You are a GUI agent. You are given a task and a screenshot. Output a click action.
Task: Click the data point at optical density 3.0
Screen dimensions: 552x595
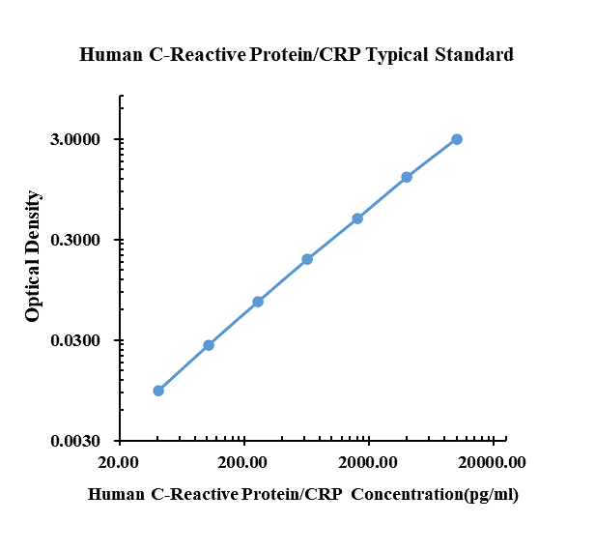point(457,139)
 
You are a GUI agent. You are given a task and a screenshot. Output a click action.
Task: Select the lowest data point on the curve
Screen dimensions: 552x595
point(158,391)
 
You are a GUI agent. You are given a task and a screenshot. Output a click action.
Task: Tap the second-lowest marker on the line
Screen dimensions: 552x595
point(209,345)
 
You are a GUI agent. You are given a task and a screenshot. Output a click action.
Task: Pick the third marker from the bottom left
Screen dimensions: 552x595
point(258,302)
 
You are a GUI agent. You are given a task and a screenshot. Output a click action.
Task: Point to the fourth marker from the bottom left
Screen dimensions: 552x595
point(307,259)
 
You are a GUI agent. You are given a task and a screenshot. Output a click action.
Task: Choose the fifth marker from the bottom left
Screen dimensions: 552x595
point(357,218)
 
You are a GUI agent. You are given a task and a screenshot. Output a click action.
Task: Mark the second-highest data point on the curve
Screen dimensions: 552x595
point(407,177)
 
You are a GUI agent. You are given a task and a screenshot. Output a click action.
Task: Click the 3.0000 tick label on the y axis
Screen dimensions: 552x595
point(76,140)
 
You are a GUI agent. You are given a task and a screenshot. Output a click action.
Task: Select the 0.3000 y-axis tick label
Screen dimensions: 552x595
point(76,241)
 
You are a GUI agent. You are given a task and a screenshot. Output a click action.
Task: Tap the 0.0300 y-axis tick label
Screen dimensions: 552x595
point(76,341)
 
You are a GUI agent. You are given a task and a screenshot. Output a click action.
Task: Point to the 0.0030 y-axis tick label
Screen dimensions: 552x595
point(76,442)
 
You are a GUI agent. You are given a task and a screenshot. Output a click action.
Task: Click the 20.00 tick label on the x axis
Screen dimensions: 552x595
point(120,462)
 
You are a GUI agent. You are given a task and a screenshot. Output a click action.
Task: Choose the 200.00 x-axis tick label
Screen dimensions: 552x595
point(243,462)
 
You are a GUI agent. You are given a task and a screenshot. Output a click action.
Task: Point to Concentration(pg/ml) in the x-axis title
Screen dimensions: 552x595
point(435,495)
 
